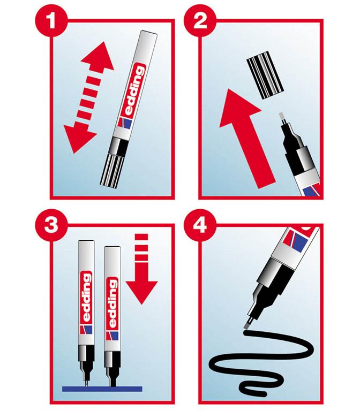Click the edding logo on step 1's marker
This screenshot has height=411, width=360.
click(131, 89)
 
